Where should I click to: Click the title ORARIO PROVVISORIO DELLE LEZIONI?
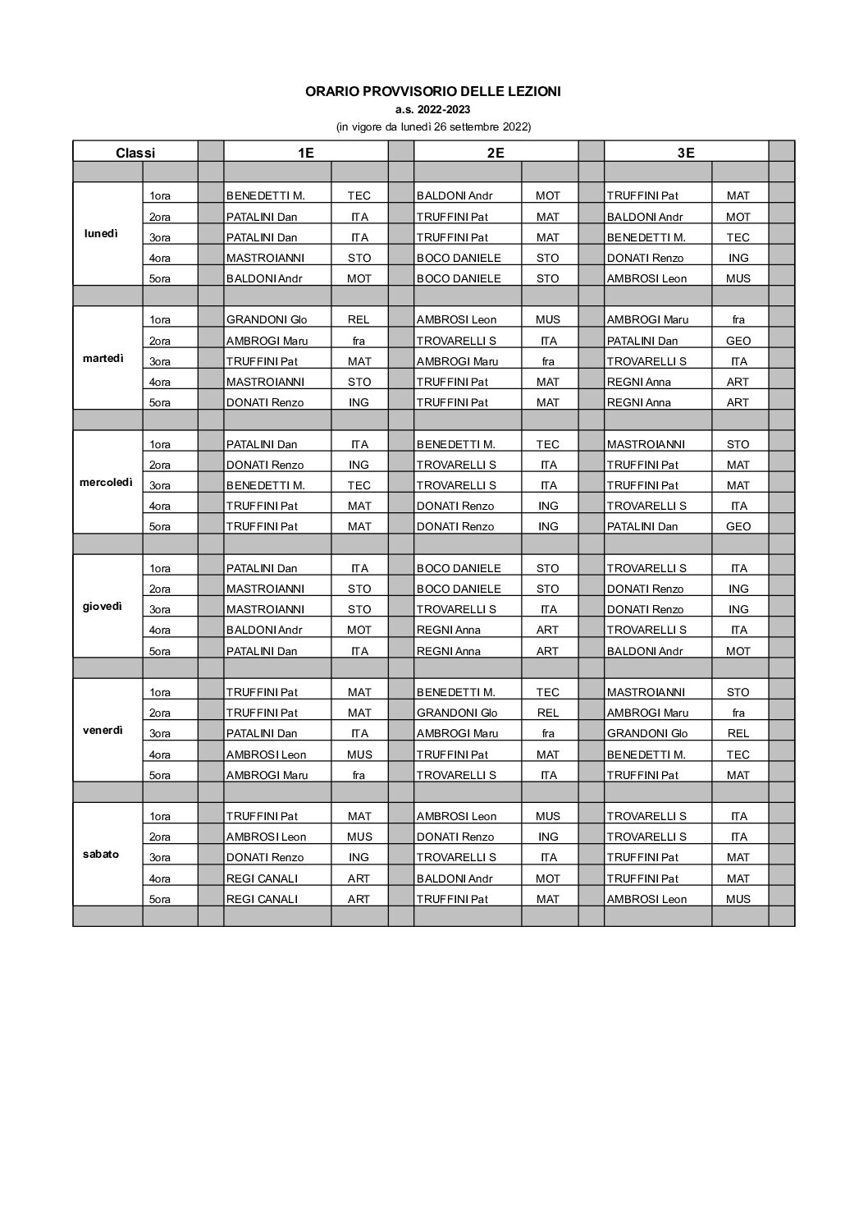[433, 92]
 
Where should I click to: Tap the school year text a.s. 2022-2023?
[433, 109]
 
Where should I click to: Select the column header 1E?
[305, 152]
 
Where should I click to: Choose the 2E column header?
[496, 152]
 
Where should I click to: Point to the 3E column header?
[686, 152]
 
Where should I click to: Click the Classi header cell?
[135, 152]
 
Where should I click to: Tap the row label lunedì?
[101, 233]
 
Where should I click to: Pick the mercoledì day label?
[106, 482]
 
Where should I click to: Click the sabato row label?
[101, 854]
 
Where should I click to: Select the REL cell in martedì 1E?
[359, 319]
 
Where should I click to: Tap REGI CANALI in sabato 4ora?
[262, 878]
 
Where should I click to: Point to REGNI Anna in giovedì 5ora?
[448, 651]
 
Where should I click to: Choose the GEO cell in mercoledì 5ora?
[738, 526]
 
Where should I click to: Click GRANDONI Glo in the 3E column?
[647, 733]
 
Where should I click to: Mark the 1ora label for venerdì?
[160, 692]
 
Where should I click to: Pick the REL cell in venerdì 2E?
[548, 713]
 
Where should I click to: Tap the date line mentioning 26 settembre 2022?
[433, 126]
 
